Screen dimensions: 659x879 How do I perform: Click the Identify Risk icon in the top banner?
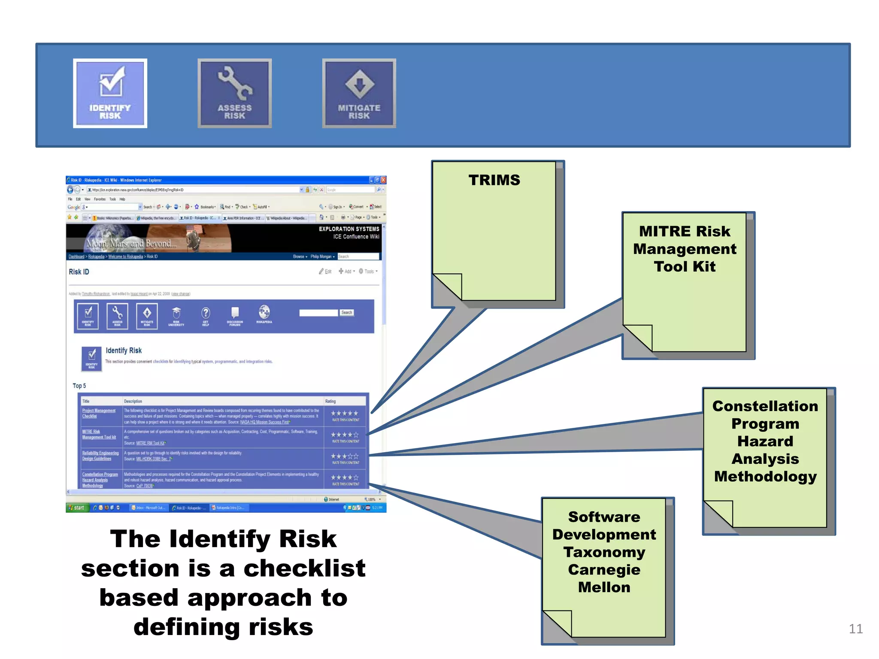coord(110,93)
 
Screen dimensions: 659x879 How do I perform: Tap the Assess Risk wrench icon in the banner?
coord(234,93)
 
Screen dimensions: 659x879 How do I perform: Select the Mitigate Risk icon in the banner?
coord(359,93)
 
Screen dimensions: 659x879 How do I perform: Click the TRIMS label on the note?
coord(494,180)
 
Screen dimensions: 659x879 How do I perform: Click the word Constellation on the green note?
coord(765,406)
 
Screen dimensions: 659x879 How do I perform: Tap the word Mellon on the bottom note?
coord(604,587)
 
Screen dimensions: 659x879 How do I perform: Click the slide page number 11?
coord(855,629)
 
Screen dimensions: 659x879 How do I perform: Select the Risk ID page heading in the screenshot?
coord(79,272)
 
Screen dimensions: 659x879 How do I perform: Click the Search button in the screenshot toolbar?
coord(347,313)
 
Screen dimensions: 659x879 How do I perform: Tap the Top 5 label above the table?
coord(79,386)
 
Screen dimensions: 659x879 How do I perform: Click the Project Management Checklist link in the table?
coord(98,413)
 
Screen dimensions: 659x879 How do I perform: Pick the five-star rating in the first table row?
coord(344,414)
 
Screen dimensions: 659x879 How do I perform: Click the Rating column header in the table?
coord(330,402)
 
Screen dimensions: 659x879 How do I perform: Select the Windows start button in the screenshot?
coord(77,508)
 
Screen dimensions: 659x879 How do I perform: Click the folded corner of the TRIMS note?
coord(446,287)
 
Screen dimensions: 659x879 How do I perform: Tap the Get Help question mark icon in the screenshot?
coord(206,313)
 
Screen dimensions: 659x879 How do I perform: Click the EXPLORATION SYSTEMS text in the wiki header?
coord(349,229)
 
